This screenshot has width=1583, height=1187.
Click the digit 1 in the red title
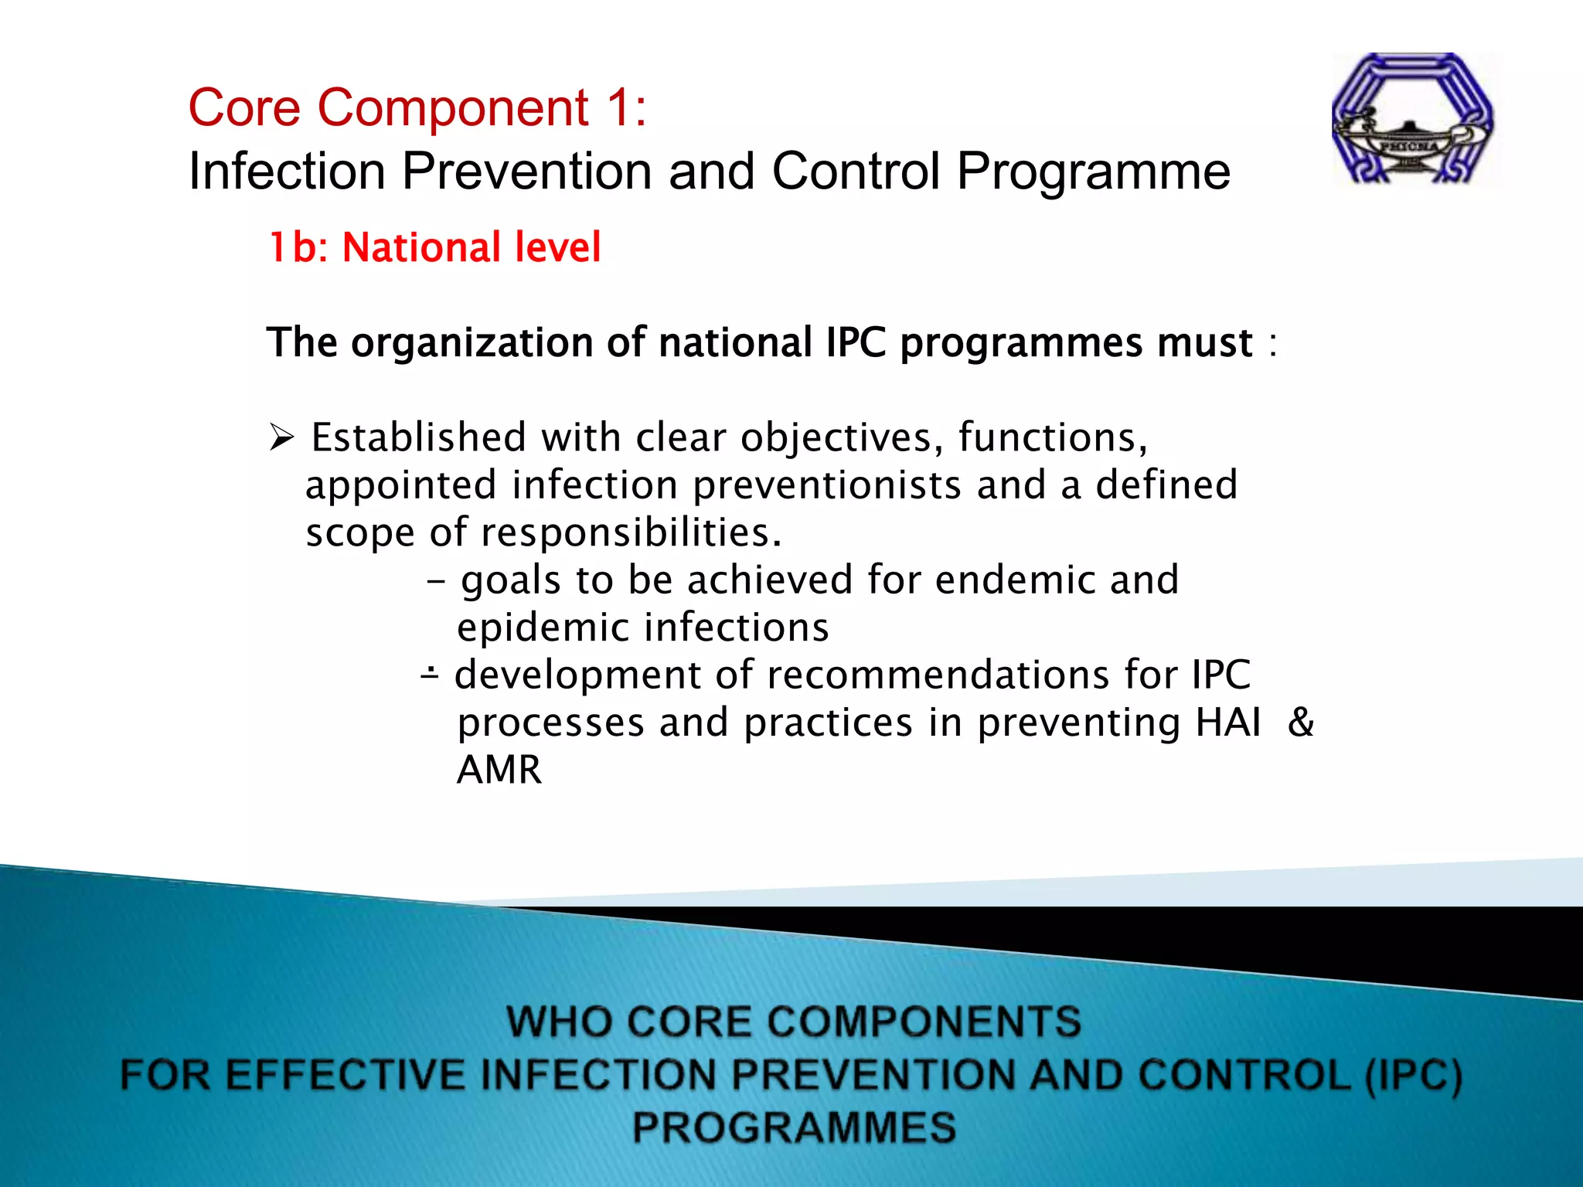[618, 107]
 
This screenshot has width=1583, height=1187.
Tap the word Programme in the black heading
[1093, 171]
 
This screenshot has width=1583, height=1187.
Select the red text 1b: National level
[434, 248]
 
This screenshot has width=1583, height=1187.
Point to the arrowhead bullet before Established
[281, 437]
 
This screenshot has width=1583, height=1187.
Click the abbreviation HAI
[1227, 723]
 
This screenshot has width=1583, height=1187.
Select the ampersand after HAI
[1301, 723]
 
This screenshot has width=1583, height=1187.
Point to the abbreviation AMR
[499, 770]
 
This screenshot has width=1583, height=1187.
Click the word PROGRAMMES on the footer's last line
[794, 1127]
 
